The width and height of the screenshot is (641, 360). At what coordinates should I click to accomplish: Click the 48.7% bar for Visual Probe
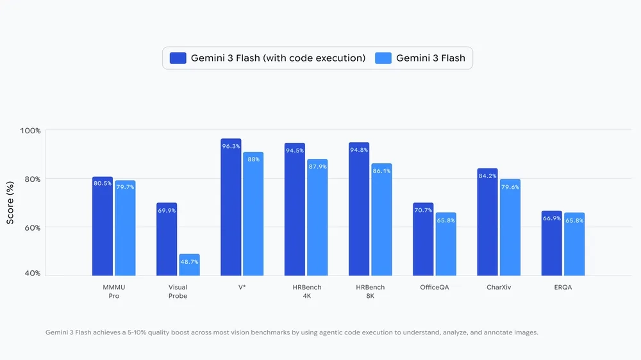point(189,265)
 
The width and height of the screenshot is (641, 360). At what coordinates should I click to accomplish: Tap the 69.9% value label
point(167,211)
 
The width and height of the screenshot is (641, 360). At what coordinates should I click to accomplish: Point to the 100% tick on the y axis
point(30,131)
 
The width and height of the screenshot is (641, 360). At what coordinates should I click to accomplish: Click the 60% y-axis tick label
point(32,227)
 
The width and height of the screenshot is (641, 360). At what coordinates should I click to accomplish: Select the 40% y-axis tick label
point(32,274)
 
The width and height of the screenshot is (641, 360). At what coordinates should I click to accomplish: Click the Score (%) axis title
point(10,202)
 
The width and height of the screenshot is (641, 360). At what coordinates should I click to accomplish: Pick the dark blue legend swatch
point(178,58)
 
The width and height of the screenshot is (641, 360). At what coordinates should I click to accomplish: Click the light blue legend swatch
point(383,58)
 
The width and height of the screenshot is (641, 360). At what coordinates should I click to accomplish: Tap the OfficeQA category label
point(435,288)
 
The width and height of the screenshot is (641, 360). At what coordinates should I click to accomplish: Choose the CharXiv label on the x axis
point(499,288)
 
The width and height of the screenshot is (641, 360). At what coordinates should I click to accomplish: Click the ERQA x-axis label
point(563,288)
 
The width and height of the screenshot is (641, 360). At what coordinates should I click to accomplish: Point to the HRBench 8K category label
point(370,291)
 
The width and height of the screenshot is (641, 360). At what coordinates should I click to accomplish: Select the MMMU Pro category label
point(113,291)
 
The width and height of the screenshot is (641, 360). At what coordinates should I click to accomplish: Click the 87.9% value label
point(317,167)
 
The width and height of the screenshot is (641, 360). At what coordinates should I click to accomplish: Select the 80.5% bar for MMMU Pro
point(103,227)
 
